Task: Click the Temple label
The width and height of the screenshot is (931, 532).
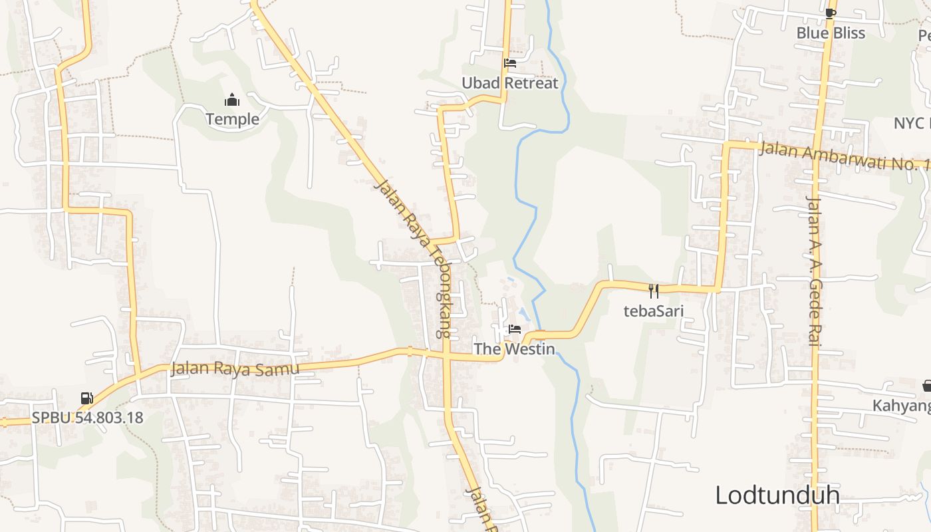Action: pos(232,119)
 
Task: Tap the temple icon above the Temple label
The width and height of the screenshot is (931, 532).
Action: pos(232,100)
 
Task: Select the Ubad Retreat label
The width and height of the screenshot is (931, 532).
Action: pos(510,83)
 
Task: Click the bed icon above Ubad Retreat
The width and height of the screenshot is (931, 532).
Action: pos(510,64)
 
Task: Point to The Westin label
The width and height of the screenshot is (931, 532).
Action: pos(514,348)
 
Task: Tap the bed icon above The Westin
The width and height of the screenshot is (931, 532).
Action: pos(514,329)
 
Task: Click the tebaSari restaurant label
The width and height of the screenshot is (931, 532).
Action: pos(654,310)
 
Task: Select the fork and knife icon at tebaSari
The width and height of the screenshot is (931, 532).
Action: pos(654,291)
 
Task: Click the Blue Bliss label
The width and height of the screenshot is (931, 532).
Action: pos(831,33)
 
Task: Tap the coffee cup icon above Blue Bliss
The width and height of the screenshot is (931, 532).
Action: pos(830,13)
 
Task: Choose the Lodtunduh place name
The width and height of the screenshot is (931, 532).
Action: pos(777,495)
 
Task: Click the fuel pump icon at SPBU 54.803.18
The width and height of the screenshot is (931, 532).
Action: pos(86,398)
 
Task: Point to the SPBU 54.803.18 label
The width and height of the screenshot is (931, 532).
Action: pos(87,418)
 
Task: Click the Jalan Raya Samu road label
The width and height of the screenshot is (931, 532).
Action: pos(235,368)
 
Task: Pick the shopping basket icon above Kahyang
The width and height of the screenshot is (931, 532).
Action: pos(926,386)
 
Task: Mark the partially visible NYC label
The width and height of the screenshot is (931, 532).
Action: pos(911,123)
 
